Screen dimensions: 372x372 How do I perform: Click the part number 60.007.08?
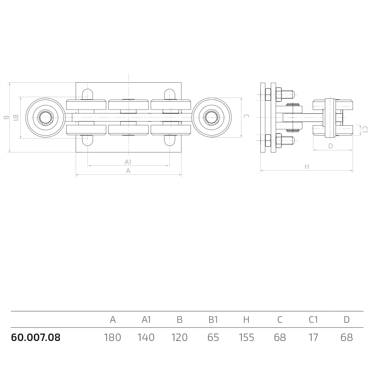click(36, 337)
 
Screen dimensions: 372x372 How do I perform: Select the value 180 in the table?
click(112, 337)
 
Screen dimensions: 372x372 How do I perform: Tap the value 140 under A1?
click(146, 337)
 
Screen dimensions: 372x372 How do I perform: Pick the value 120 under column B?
click(179, 337)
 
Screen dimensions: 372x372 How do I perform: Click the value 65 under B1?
click(213, 337)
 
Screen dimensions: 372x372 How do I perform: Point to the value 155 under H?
click(246, 337)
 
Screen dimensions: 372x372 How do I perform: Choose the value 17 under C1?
click(313, 337)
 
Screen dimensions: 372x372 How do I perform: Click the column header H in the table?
click(246, 320)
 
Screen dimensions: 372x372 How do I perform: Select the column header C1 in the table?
click(313, 320)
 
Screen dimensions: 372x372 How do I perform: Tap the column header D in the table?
click(347, 320)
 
